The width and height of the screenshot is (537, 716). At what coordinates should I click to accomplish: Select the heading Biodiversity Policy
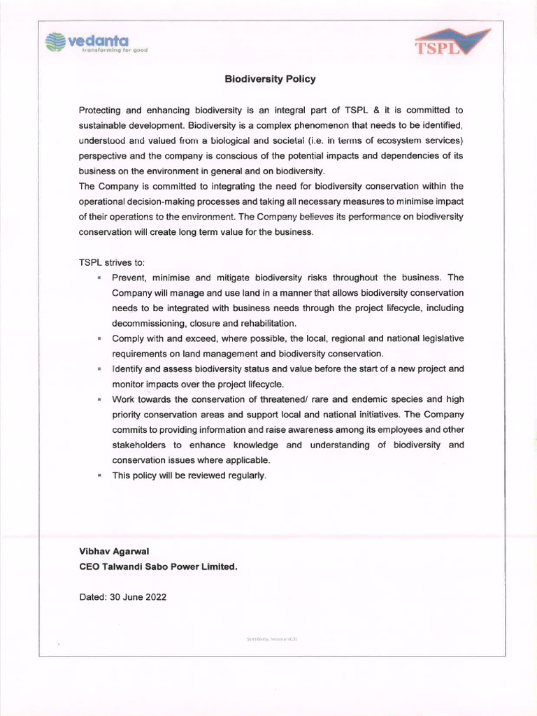pos(270,79)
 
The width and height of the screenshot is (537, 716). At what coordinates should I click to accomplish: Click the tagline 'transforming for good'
pos(115,51)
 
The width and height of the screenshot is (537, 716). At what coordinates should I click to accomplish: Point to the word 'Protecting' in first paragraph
pos(101,110)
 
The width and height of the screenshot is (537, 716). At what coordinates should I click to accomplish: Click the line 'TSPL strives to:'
pos(111,262)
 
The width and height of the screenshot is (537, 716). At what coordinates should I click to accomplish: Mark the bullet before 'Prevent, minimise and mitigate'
pos(100,278)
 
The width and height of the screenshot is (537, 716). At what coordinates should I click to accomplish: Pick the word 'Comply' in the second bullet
pos(129,338)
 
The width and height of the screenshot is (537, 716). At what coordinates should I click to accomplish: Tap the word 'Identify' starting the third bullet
pos(129,368)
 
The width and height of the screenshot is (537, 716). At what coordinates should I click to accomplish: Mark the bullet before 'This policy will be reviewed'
pos(100,475)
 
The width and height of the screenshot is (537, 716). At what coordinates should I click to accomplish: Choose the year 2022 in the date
pos(155,597)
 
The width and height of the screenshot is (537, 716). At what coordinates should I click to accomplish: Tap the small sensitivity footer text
pos(272,639)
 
